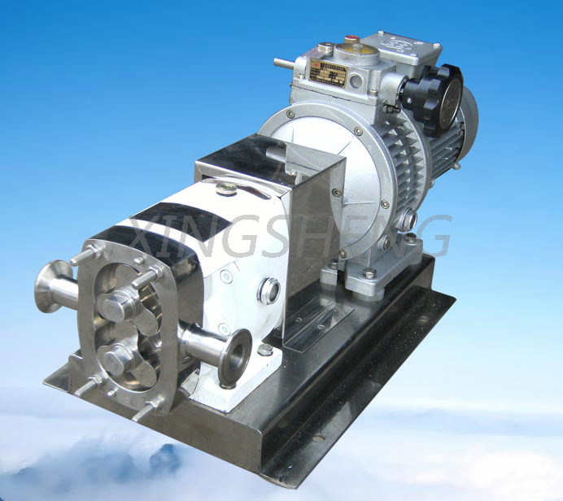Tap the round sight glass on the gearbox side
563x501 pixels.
pyautogui.click(x=268, y=290)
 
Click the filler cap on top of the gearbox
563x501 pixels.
pyautogui.click(x=225, y=189)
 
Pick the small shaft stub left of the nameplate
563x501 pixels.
pyautogui.click(x=284, y=63)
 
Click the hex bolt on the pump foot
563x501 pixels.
pyautogui.click(x=265, y=350)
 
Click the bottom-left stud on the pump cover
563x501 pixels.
pyautogui.click(x=86, y=386)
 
